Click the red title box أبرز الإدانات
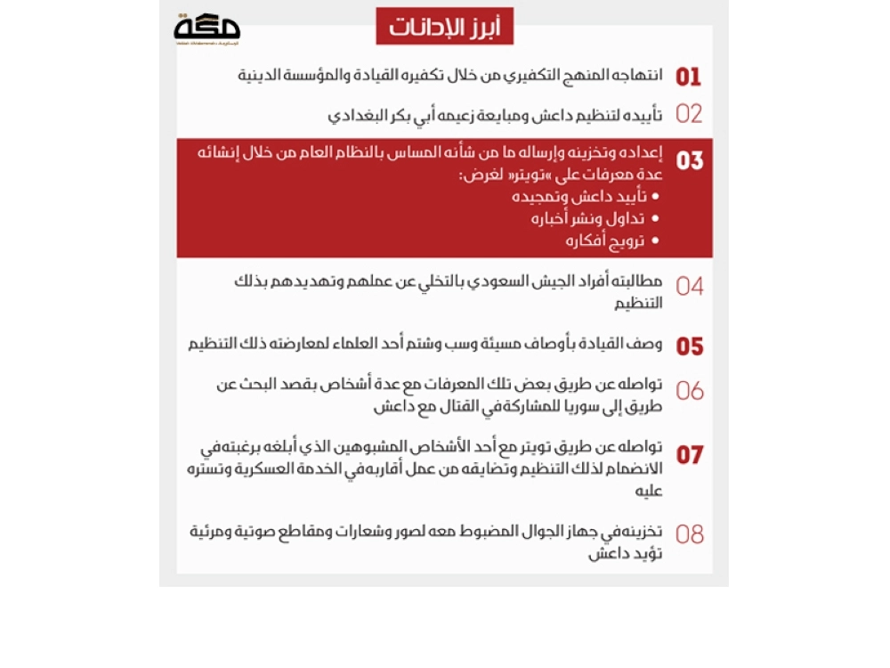pos(444,27)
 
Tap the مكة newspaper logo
pos(206,28)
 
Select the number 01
pos(689,77)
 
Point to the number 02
pos(689,114)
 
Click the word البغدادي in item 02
pos(353,115)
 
